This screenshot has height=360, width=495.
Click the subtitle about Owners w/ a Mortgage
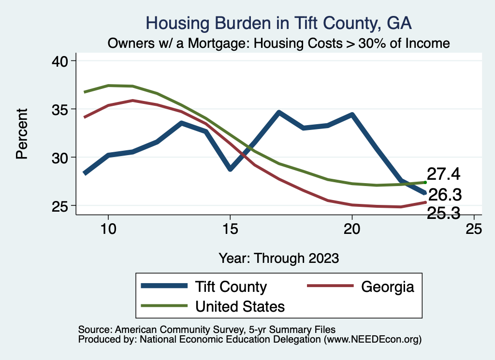coord(278,43)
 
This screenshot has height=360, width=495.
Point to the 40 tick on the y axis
coord(61,61)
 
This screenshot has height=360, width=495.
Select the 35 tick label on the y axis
coord(61,109)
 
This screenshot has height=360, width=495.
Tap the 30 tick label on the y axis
coord(61,158)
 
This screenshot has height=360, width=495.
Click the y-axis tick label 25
coord(61,206)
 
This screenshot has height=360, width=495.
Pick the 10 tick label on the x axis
coord(108,229)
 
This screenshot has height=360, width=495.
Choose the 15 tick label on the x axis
coord(230,229)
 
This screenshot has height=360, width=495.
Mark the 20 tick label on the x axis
coord(352,229)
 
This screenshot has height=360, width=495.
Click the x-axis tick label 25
coord(474,229)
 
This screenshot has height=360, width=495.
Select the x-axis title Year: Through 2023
coord(278,258)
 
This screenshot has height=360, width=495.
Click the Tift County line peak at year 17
coord(279,113)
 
